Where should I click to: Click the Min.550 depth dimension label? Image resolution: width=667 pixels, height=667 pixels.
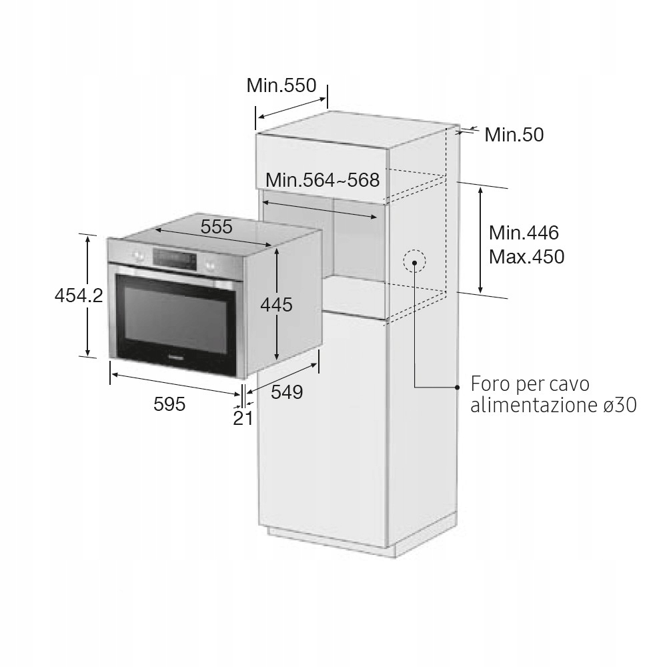click(281, 85)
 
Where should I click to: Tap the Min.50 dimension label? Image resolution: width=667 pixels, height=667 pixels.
click(514, 135)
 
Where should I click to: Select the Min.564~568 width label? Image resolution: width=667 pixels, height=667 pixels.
click(322, 180)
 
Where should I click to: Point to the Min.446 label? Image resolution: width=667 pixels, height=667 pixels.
click(524, 233)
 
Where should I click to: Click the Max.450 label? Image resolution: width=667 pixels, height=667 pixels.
click(527, 257)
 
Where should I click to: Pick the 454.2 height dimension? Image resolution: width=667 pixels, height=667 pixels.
click(79, 295)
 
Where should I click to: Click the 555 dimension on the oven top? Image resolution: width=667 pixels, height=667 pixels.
click(217, 227)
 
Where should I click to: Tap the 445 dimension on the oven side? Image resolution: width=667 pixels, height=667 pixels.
click(277, 305)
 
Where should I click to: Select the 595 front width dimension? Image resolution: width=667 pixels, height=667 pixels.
click(169, 404)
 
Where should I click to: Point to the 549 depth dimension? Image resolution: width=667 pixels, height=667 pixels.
click(287, 392)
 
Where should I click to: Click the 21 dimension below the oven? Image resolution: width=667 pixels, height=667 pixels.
click(243, 418)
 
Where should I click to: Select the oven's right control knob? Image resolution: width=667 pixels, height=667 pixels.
click(209, 265)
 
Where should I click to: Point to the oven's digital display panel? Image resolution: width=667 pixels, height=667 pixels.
click(175, 259)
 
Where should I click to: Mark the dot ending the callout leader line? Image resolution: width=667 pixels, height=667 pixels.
click(458, 387)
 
